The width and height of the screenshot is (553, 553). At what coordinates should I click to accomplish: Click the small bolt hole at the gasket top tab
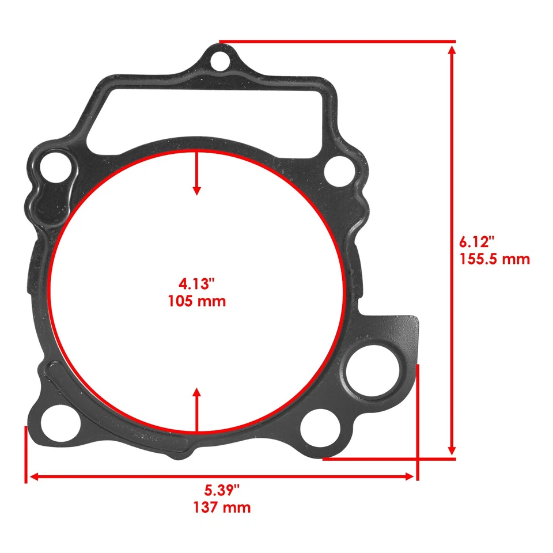tap(219, 60)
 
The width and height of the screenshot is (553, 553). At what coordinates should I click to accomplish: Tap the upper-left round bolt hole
tap(58, 166)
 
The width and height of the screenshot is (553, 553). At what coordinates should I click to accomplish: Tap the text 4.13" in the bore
tap(196, 284)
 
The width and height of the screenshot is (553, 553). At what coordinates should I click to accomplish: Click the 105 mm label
tap(196, 301)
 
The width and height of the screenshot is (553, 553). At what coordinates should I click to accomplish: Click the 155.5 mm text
tap(494, 259)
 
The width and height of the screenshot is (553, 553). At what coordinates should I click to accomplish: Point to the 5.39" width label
tap(222, 491)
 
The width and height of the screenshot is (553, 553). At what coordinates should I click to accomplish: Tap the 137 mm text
tap(222, 507)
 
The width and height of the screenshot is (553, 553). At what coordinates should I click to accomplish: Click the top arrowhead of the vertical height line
tap(452, 48)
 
